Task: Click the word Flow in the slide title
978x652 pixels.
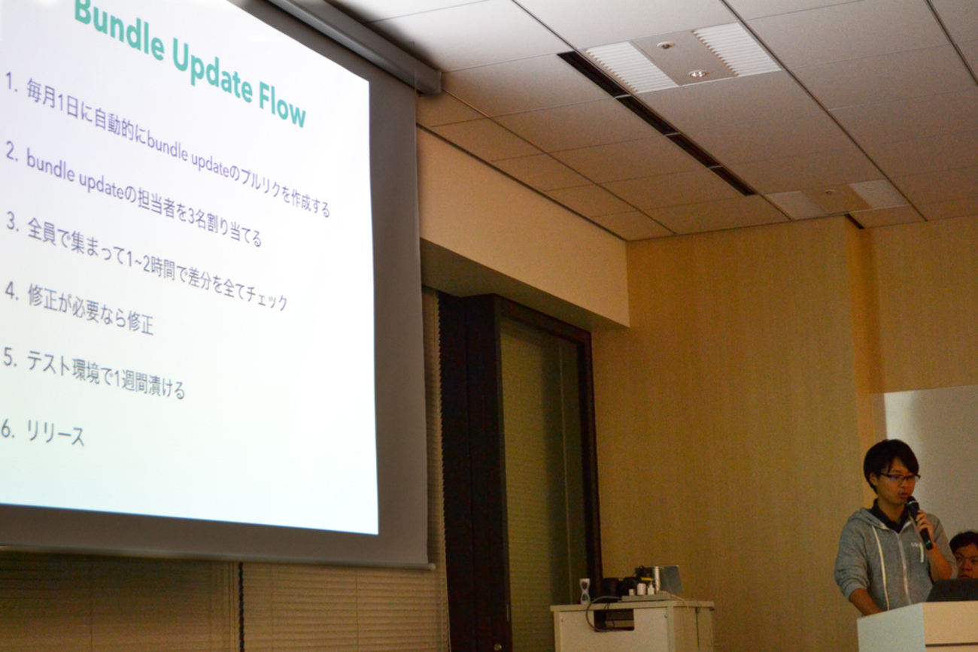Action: pyautogui.click(x=282, y=107)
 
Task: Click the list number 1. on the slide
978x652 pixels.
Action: pyautogui.click(x=12, y=83)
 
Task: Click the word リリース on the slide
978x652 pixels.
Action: pyautogui.click(x=55, y=433)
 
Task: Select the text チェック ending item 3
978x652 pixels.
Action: pyautogui.click(x=267, y=297)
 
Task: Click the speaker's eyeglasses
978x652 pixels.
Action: pyautogui.click(x=901, y=478)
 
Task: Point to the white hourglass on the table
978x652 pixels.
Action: pyautogui.click(x=585, y=591)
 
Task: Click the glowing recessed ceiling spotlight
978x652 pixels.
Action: pyautogui.click(x=699, y=73)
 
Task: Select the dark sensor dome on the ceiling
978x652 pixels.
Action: pyautogui.click(x=665, y=45)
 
